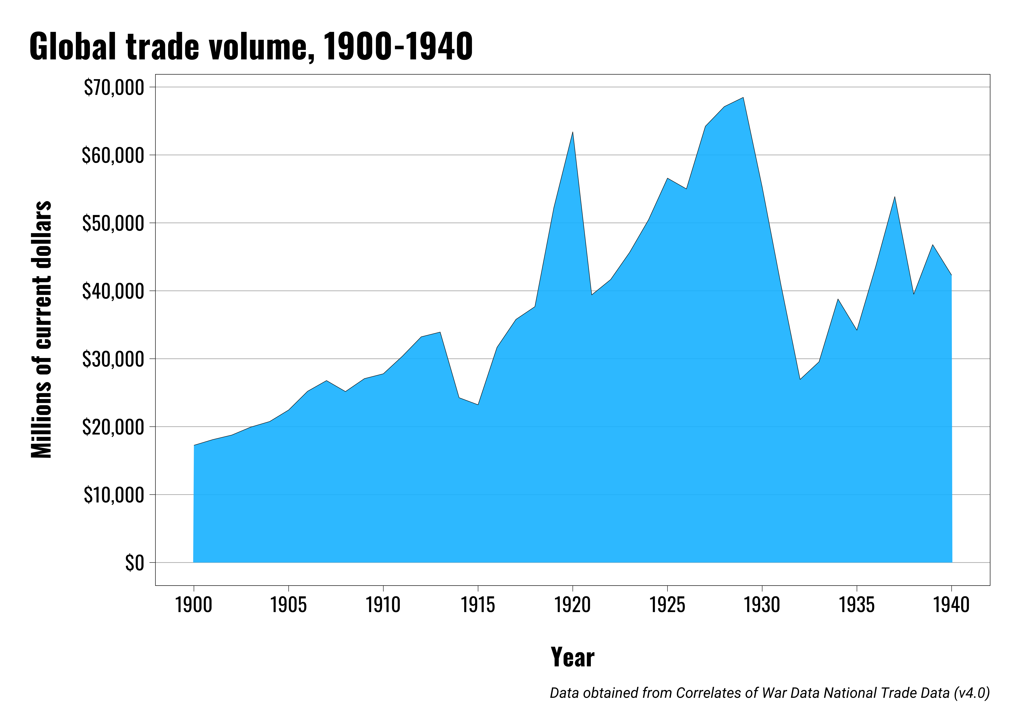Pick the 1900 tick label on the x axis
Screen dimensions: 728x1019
coord(194,605)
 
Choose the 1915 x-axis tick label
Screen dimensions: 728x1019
coord(478,605)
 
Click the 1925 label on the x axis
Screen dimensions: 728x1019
coord(667,605)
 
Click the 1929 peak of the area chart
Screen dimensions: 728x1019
coord(743,98)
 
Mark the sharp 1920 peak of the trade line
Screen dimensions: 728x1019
coord(573,132)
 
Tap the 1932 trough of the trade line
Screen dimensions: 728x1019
coord(800,379)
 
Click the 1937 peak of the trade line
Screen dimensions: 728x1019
coord(894,197)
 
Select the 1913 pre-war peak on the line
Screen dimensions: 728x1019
coord(440,332)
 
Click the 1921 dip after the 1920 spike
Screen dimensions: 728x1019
coord(592,294)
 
